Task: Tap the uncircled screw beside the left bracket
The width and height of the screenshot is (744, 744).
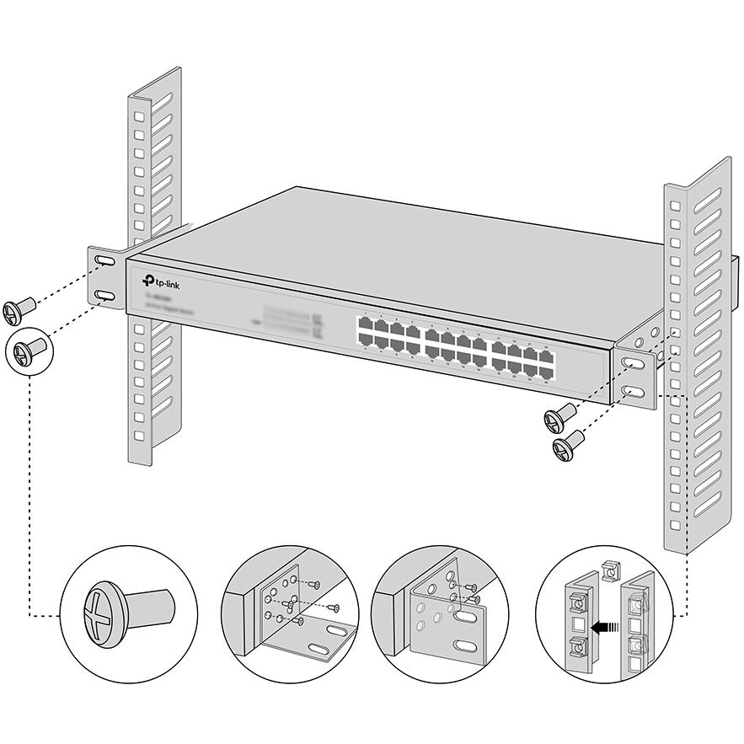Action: (x=18, y=310)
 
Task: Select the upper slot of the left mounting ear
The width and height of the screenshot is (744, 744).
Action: (x=105, y=262)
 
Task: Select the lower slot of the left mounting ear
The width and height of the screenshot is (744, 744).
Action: (x=105, y=296)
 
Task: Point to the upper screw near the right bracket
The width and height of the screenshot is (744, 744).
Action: (x=559, y=417)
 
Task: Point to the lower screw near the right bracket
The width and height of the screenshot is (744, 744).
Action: (x=570, y=444)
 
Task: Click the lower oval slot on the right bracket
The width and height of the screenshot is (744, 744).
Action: (x=635, y=393)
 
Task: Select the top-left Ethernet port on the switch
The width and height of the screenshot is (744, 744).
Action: (x=364, y=324)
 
